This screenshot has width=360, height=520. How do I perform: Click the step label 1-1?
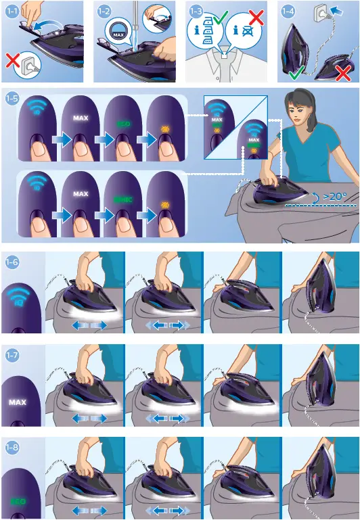[x=12, y=11]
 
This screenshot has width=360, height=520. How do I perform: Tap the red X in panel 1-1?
[x=12, y=62]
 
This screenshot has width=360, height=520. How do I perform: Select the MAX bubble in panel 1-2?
[x=118, y=33]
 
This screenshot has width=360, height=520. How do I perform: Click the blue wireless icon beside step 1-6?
[x=22, y=298]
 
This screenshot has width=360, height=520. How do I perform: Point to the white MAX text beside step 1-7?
[x=18, y=402]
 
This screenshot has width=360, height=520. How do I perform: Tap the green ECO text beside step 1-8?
[x=18, y=502]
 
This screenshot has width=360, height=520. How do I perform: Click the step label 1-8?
[x=12, y=447]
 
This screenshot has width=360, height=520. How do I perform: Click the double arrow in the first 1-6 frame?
[x=89, y=325]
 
